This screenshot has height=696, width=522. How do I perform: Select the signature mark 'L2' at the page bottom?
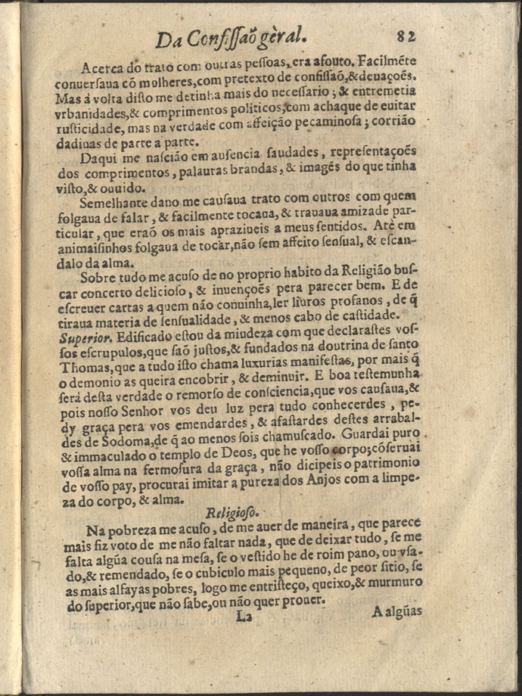coord(244,616)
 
